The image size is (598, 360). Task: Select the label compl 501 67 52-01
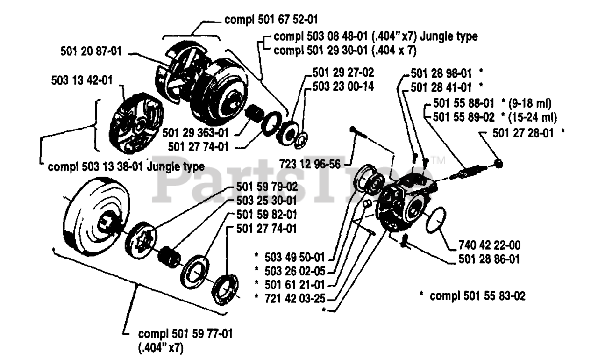point(275,20)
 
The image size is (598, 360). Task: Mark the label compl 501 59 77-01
point(186,335)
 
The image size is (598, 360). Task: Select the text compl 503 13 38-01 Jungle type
point(126,166)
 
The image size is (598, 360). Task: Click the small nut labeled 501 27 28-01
point(498,163)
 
